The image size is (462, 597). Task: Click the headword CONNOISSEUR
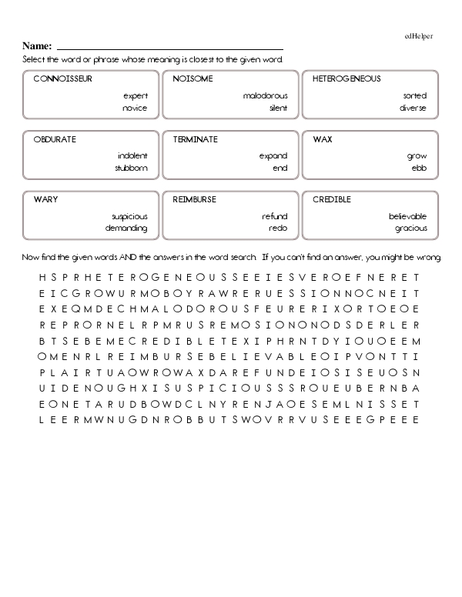[63, 79]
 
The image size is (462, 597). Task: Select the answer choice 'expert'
[135, 96]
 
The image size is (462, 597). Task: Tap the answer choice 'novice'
[134, 108]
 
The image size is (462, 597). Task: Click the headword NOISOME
[193, 79]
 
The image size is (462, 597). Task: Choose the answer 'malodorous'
[265, 96]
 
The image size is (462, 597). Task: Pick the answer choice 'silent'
[278, 108]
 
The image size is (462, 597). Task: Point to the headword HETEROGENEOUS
[346, 79]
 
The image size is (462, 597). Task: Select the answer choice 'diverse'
[413, 108]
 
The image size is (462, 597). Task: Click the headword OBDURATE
[55, 139]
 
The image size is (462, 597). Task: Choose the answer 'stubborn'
[131, 168]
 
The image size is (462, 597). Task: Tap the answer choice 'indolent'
[132, 156]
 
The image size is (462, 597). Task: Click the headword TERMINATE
[196, 139]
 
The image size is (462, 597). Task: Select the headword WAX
[323, 139]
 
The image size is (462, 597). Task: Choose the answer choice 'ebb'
[419, 168]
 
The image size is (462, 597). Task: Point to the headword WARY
[45, 199]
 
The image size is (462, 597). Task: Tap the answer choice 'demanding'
[126, 228]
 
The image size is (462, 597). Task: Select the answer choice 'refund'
[275, 216]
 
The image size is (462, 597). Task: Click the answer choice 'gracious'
[410, 228]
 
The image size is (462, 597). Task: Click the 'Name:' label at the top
[37, 46]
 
